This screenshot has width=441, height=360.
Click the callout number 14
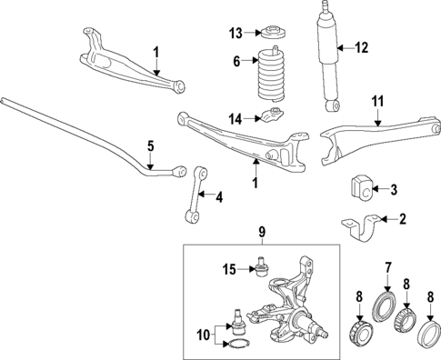(237, 119)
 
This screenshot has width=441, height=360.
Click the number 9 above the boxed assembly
(262, 234)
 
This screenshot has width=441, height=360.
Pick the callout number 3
(394, 191)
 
